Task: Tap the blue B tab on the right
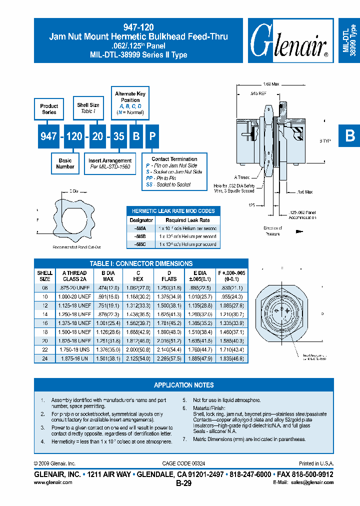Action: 349,136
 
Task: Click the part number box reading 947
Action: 48,135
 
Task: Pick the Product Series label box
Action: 49,109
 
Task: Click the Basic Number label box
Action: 65,163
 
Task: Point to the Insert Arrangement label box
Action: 110,163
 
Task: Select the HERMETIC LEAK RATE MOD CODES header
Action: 173,211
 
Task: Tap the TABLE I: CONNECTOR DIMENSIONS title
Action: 141,263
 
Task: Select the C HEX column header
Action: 138,276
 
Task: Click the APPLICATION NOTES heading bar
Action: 183,385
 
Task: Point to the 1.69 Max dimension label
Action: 270,83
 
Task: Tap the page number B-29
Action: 183,483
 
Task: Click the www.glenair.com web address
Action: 53,482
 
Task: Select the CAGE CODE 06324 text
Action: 183,464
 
